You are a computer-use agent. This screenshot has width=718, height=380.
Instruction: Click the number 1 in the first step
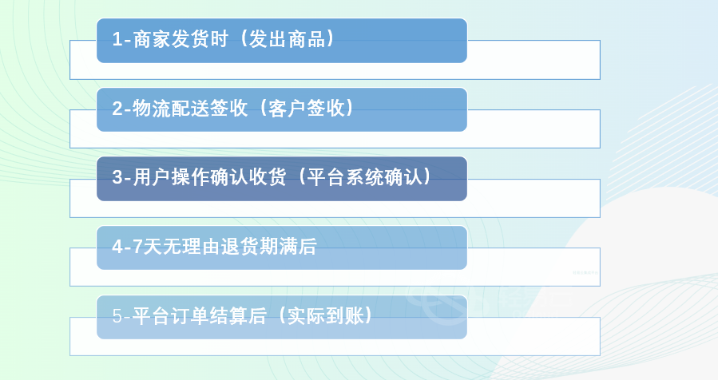117,39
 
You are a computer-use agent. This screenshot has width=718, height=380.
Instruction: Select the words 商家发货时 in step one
180,39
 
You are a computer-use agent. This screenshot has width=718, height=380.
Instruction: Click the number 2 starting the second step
117,109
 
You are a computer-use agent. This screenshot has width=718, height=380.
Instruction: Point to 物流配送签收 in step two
190,109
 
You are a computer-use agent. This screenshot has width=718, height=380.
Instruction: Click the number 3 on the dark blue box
117,177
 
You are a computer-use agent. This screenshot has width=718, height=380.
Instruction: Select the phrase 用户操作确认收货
210,177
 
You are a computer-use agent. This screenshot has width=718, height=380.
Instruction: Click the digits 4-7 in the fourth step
127,247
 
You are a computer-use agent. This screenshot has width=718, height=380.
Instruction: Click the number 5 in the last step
117,316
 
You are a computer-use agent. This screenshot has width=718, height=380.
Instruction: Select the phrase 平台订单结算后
200,316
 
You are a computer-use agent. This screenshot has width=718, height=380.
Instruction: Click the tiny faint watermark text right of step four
585,273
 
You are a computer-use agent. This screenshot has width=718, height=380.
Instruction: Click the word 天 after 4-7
153,247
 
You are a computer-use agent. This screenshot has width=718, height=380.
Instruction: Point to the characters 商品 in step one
307,39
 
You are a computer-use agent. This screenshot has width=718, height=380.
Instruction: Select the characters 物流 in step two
152,109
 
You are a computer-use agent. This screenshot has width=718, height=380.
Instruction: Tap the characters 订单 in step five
190,316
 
